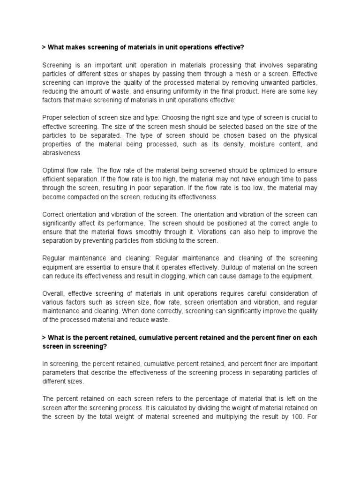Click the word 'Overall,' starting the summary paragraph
tap(54, 294)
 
